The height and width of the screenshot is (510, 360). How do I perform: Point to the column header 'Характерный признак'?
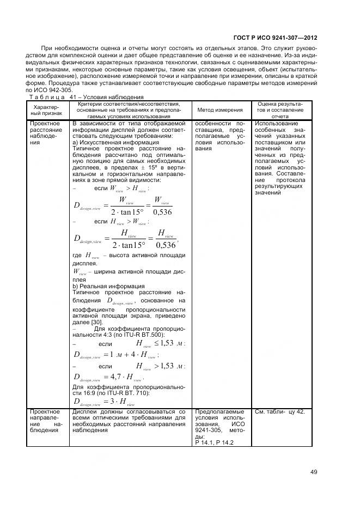pyautogui.click(x=47, y=110)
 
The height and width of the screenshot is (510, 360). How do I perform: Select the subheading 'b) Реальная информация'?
pyautogui.click(x=108, y=286)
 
